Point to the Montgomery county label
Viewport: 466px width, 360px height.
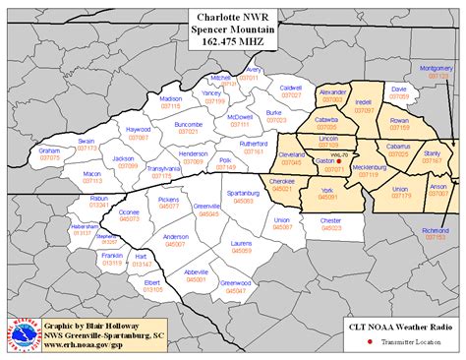pos(436,68)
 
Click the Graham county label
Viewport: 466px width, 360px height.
pos(50,150)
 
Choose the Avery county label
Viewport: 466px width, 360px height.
pos(254,70)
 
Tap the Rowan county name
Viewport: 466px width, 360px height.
pos(399,118)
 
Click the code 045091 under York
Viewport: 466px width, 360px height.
pos(326,198)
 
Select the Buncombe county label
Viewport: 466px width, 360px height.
pos(187,125)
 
